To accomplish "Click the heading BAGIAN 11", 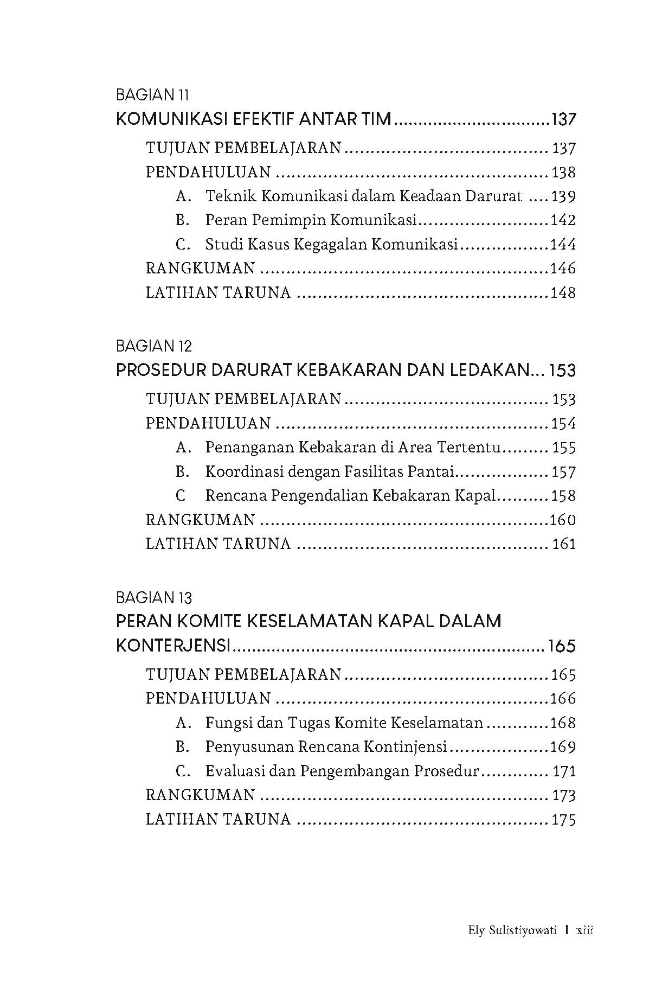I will pyautogui.click(x=152, y=95).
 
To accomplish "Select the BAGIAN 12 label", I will pyautogui.click(x=154, y=346).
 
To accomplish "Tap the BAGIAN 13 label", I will pyautogui.click(x=154, y=598).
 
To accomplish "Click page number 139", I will pyautogui.click(x=563, y=196).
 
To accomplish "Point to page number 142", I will pyautogui.click(x=563, y=220).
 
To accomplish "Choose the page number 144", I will pyautogui.click(x=563, y=244).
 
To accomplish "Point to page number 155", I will pyautogui.click(x=564, y=448).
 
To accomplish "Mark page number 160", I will pyautogui.click(x=563, y=520).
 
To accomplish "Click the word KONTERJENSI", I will pyautogui.click(x=173, y=646).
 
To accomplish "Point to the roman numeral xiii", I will pyautogui.click(x=585, y=930).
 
